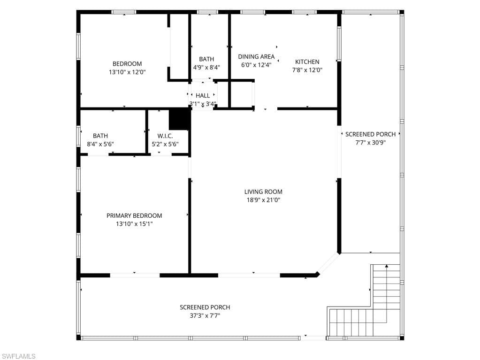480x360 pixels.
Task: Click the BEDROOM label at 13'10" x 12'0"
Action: click(x=127, y=64)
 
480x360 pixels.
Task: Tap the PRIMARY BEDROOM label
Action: click(x=134, y=215)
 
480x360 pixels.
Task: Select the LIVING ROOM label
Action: click(x=263, y=191)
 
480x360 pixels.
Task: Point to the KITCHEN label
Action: click(x=307, y=61)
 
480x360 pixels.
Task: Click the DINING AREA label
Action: click(x=256, y=56)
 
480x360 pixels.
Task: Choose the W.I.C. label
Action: click(x=165, y=136)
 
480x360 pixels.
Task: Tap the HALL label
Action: click(x=203, y=95)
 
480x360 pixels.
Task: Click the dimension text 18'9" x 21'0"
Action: click(x=263, y=200)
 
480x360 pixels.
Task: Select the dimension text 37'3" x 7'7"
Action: click(x=205, y=316)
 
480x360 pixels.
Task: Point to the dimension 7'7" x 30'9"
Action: click(x=370, y=143)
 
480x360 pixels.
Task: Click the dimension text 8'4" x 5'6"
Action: click(x=100, y=145)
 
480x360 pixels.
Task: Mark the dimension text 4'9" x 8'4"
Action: click(x=206, y=67)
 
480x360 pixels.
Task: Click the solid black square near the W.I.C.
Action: click(x=179, y=119)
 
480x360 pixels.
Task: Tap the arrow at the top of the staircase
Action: click(x=387, y=267)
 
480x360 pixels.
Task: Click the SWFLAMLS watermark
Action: click(x=18, y=356)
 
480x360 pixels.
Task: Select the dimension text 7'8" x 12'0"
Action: click(x=307, y=70)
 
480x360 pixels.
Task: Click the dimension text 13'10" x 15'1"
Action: click(x=134, y=224)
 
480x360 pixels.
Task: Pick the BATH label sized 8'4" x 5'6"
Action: click(x=100, y=136)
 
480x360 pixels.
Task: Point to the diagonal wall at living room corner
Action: click(x=328, y=264)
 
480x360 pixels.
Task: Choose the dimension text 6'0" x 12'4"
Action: click(x=256, y=65)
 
